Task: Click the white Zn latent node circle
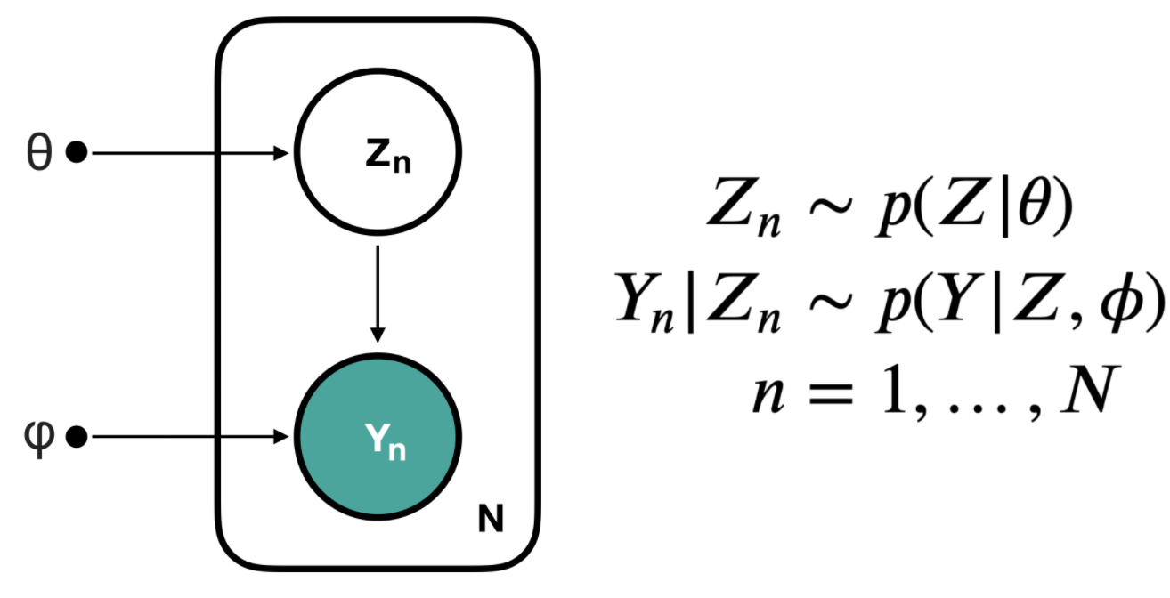(378, 125)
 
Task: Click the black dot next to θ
(77, 154)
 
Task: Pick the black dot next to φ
(77, 437)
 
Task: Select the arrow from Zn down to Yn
(378, 294)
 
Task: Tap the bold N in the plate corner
(491, 519)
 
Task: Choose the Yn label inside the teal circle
(385, 440)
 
